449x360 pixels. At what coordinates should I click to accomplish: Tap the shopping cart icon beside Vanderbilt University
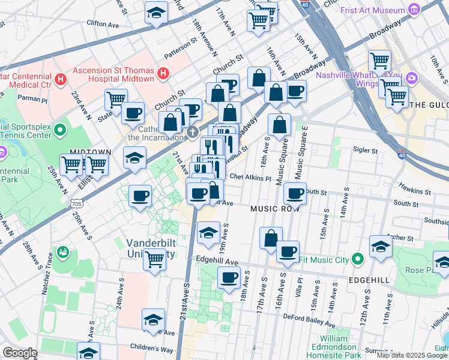[155, 260]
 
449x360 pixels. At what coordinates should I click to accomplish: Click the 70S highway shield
[76, 203]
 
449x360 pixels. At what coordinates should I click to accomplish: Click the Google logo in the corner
[20, 353]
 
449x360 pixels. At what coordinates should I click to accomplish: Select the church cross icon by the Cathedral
[192, 131]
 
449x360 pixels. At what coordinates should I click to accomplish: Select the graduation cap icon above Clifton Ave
[156, 12]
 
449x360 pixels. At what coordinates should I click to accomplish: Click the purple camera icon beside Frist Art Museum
[413, 10]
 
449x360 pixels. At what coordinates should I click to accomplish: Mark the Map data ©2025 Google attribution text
[411, 355]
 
